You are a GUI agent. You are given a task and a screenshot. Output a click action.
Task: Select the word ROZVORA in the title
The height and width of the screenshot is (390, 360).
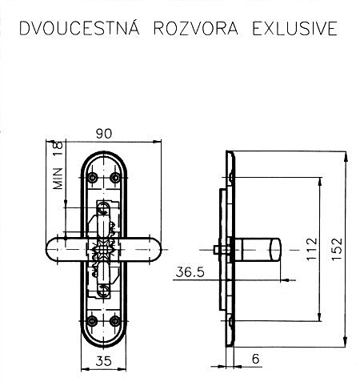click(196, 28)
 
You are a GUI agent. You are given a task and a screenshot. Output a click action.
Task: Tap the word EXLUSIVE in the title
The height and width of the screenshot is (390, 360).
click(295, 28)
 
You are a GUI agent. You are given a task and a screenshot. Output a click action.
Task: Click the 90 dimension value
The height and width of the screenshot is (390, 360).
click(104, 134)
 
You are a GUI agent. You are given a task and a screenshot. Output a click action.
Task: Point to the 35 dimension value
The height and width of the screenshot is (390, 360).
click(103, 361)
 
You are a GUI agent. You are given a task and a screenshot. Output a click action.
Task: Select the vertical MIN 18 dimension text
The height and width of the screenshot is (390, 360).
click(58, 165)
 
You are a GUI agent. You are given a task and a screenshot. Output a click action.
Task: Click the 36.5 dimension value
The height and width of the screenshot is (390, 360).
click(190, 272)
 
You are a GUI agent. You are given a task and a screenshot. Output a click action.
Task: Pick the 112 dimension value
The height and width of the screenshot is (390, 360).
click(311, 249)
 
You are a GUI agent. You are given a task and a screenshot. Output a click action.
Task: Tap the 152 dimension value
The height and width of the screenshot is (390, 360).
click(336, 249)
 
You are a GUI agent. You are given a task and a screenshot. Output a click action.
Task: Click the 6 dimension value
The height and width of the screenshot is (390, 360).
click(255, 359)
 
